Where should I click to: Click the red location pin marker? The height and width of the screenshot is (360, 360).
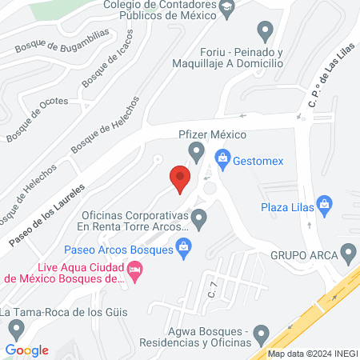179,177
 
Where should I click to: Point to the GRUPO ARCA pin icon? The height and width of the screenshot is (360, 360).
347,256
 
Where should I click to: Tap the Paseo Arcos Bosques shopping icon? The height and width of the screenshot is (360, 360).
185,250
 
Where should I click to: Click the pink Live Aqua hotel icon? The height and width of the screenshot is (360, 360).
136,274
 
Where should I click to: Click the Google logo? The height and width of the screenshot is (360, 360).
26,350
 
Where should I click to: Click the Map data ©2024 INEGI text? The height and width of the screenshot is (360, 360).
312,353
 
